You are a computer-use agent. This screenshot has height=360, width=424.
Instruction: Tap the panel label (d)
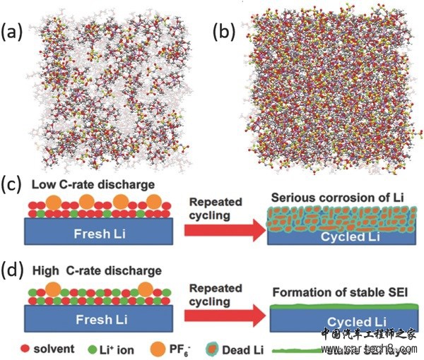[x=13, y=270]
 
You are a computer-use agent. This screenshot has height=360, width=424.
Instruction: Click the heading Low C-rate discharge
[x=88, y=184]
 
